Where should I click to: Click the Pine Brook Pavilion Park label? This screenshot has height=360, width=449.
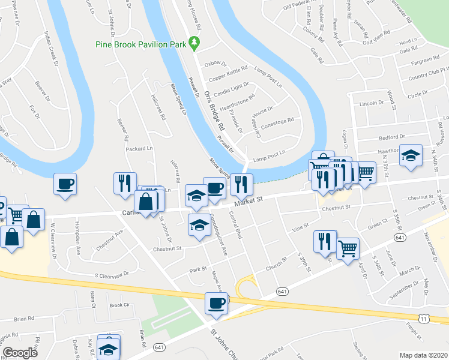pos(141,44)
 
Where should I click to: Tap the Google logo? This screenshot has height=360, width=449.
pos(20,353)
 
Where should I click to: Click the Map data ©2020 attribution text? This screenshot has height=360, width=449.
pos(423,355)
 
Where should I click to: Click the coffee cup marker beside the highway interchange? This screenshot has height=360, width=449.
pos(216,303)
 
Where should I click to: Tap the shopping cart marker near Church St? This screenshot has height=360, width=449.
pos(348,248)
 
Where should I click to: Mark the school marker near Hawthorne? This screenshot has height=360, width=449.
pos(411,155)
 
